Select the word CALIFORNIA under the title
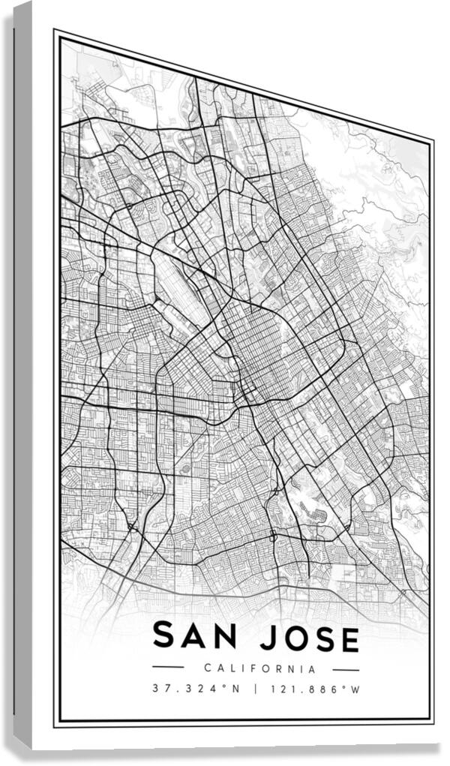(x=259, y=668)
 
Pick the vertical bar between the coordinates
(x=256, y=689)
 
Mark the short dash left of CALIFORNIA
(x=168, y=667)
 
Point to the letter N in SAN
(x=222, y=638)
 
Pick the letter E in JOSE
(x=348, y=640)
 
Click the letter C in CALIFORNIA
(x=207, y=668)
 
